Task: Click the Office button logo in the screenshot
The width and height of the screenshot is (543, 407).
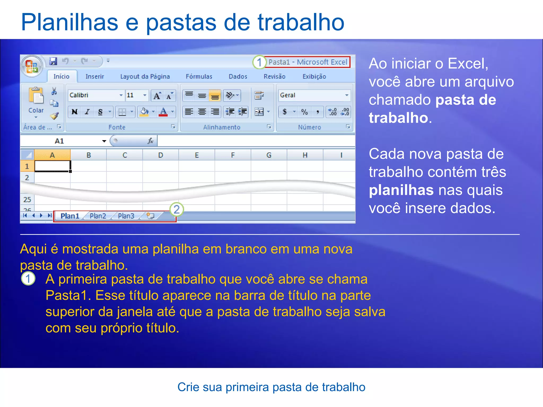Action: pos(32,66)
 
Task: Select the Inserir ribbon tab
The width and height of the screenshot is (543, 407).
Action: pos(95,77)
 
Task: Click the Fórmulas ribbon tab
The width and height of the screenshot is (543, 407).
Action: pos(199,77)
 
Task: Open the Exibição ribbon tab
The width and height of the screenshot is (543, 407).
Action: pos(314,77)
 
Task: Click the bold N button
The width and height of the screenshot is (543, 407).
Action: pos(75,112)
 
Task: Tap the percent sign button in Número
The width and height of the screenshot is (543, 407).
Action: pos(304,112)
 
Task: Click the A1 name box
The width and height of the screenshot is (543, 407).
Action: pos(59,141)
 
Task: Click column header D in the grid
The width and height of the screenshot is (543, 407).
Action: pos(161,155)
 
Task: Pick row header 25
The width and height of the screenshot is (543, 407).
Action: pos(27,200)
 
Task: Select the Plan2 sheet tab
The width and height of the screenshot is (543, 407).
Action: pos(98,216)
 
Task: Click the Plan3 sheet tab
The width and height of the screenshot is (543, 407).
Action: pos(126,216)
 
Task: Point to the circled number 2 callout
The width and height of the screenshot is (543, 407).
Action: pos(177,210)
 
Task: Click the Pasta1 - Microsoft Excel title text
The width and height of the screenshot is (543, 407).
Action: pos(308,62)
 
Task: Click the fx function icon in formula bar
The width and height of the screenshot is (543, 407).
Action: pos(150,141)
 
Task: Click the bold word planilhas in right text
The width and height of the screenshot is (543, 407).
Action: pos(401,190)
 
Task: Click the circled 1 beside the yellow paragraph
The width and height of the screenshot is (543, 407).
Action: pos(28,278)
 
